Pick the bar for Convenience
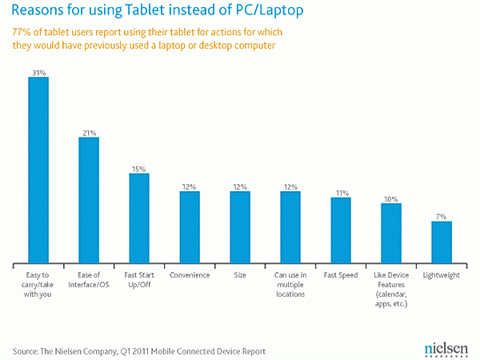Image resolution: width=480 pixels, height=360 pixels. click(190, 228)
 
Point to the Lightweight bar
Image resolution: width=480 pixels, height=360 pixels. click(442, 243)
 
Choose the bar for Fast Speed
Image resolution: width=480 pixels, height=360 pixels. click(341, 231)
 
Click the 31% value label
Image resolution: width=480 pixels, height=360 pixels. click(38, 72)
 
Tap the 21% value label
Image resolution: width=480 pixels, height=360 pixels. click(89, 132)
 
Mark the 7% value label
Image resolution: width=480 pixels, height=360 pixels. click(442, 216)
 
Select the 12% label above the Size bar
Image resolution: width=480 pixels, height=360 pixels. click(240, 186)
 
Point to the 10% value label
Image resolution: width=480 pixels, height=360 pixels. click(391, 198)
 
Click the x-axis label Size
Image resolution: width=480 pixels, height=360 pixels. click(240, 275)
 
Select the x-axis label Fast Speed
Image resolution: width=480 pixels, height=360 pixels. click(341, 275)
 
